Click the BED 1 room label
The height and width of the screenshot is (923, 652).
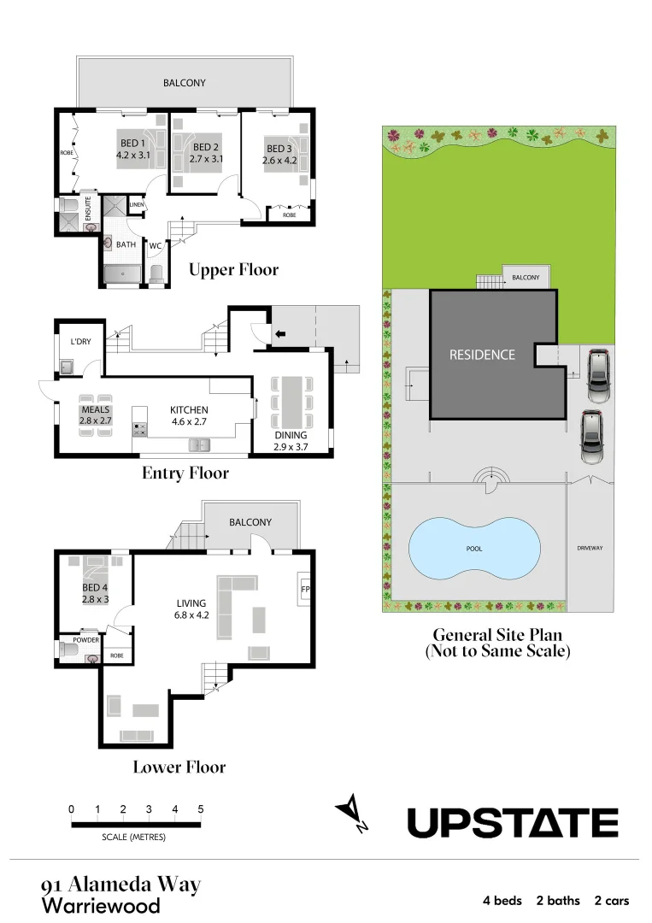pyautogui.click(x=132, y=144)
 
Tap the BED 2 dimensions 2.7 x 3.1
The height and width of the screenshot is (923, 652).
pyautogui.click(x=207, y=159)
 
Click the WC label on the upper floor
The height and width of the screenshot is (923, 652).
pyautogui.click(x=156, y=247)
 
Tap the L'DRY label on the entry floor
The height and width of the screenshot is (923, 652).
pyautogui.click(x=80, y=342)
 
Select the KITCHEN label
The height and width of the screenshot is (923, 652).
pyautogui.click(x=190, y=409)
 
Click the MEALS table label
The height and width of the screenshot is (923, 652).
pyautogui.click(x=96, y=409)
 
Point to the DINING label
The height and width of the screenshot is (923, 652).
pyautogui.click(x=291, y=435)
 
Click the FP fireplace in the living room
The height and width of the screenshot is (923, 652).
pyautogui.click(x=304, y=590)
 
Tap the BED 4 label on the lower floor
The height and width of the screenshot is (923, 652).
pyautogui.click(x=95, y=588)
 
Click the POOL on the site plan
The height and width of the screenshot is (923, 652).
pyautogui.click(x=474, y=549)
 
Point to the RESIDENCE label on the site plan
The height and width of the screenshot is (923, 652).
pyautogui.click(x=483, y=354)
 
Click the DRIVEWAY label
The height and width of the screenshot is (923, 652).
pyautogui.click(x=590, y=548)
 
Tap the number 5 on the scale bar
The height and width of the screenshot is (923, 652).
pyautogui.click(x=201, y=809)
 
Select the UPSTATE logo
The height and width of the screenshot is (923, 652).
pyautogui.click(x=512, y=823)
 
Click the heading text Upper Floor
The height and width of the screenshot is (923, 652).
pyautogui.click(x=234, y=270)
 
